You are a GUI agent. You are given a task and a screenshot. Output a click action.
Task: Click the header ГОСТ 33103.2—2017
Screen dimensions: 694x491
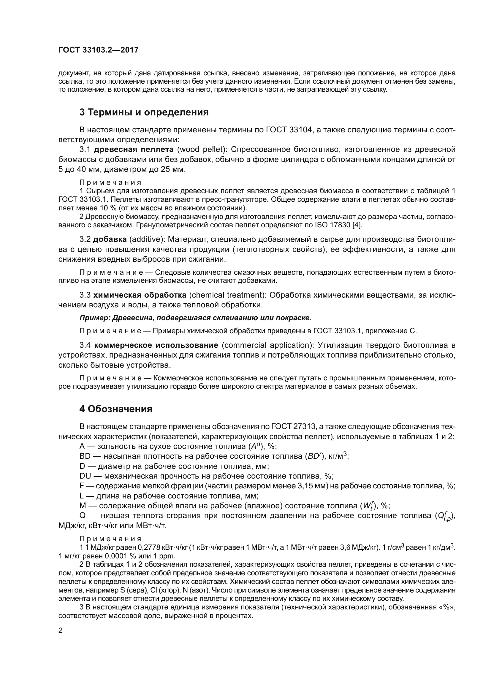[x=98, y=50]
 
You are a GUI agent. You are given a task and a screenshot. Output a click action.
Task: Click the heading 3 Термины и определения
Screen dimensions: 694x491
[x=144, y=112]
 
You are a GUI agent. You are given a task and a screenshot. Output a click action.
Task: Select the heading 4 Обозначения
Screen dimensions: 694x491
[x=116, y=409]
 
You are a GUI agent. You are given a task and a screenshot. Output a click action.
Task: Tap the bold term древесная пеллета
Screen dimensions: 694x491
[x=134, y=149]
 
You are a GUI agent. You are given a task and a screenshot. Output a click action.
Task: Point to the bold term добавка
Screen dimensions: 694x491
[x=110, y=239]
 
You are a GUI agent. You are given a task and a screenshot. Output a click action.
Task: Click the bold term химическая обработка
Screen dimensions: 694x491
[x=140, y=295]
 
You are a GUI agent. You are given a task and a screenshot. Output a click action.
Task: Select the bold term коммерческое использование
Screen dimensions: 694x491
[x=156, y=345]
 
